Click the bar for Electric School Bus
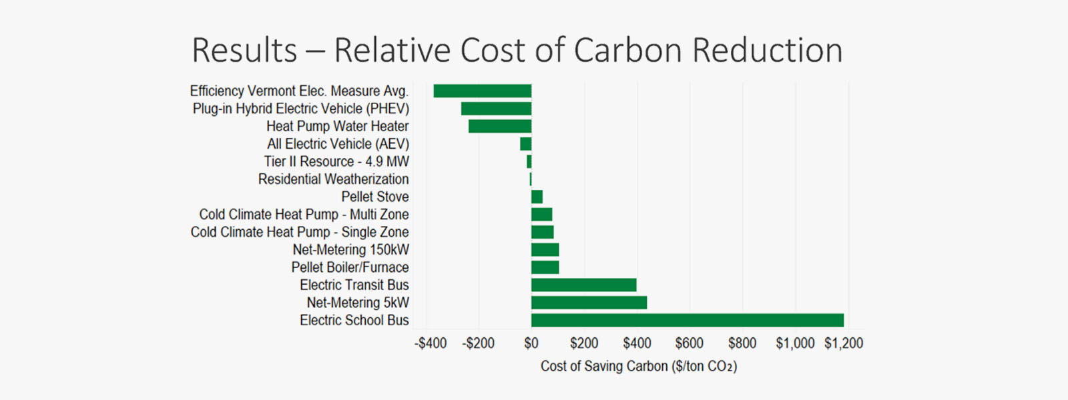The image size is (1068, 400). [687, 320]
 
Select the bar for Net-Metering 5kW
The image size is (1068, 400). [589, 303]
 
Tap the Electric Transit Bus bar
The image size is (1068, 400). [583, 285]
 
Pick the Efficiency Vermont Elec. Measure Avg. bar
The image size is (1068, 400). [482, 91]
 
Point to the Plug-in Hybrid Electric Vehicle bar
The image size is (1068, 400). [496, 109]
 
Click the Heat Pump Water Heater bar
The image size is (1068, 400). [499, 126]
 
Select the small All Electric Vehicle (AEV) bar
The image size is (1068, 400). [526, 144]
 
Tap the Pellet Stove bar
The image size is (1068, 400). [537, 197]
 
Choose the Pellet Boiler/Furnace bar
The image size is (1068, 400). [545, 267]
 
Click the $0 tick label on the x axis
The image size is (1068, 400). [531, 343]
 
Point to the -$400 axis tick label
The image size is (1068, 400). [431, 343]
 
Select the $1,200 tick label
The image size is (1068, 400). [844, 343]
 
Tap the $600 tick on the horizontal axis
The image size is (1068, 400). [689, 343]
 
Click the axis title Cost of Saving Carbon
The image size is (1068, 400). [638, 366]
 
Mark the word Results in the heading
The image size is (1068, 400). [244, 51]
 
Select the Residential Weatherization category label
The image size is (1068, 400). [333, 179]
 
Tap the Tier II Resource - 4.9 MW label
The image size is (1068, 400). [336, 161]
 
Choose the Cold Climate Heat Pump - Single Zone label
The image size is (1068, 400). [300, 232]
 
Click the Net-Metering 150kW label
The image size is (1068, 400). [350, 250]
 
